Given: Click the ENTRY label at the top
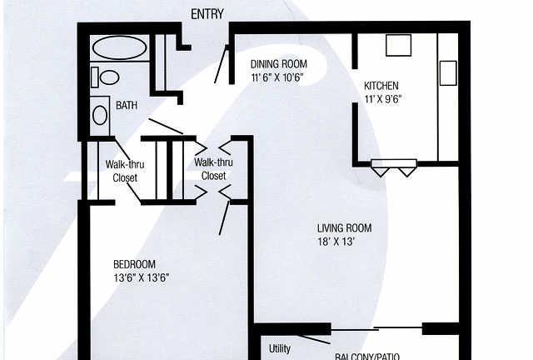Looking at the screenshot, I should click(208, 14).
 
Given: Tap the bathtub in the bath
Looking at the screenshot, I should click(118, 47).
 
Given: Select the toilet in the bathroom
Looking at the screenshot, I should click(107, 77).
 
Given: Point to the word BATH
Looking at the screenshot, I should click(127, 106).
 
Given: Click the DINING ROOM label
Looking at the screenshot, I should click(279, 64).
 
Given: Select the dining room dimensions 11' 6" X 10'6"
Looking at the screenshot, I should click(277, 77).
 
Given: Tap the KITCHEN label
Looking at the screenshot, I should click(381, 86).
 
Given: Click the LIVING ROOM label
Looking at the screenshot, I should click(344, 228).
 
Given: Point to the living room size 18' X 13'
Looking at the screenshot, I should click(336, 242).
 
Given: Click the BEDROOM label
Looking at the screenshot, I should click(135, 264).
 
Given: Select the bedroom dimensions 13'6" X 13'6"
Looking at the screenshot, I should click(142, 277).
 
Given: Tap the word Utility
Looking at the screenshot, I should click(280, 348).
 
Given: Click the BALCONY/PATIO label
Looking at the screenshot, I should click(367, 356).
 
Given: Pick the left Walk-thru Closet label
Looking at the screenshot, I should click(124, 171).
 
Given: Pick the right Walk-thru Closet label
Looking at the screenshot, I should click(213, 169).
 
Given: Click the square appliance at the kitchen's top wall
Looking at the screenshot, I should click(398, 44).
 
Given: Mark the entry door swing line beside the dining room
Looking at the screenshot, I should click(222, 64).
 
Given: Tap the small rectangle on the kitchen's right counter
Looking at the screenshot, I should click(448, 72).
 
